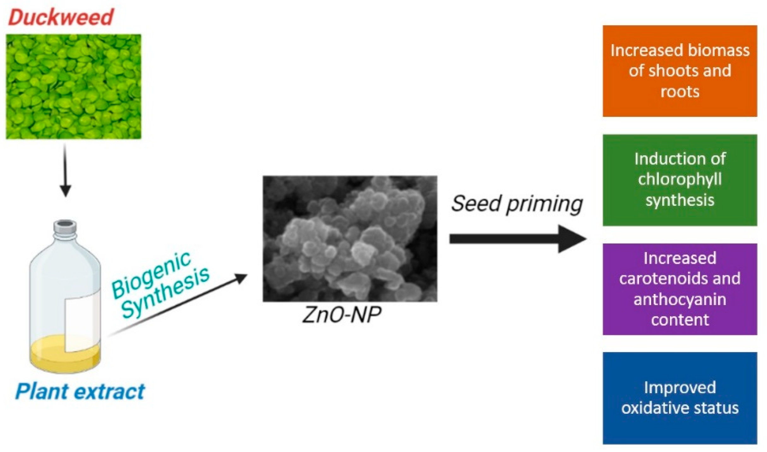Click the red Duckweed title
click(61, 17)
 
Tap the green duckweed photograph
click(74, 86)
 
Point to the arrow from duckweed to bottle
click(65, 171)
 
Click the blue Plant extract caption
click(80, 391)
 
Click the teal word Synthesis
click(165, 292)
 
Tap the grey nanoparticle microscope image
click(350, 239)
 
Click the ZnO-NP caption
click(342, 315)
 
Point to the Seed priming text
click(517, 204)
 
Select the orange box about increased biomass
click(680, 71)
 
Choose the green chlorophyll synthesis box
click(680, 180)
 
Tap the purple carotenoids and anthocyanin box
click(680, 289)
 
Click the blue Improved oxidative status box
click(680, 398)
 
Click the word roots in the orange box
click(680, 92)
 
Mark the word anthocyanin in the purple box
click(680, 299)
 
